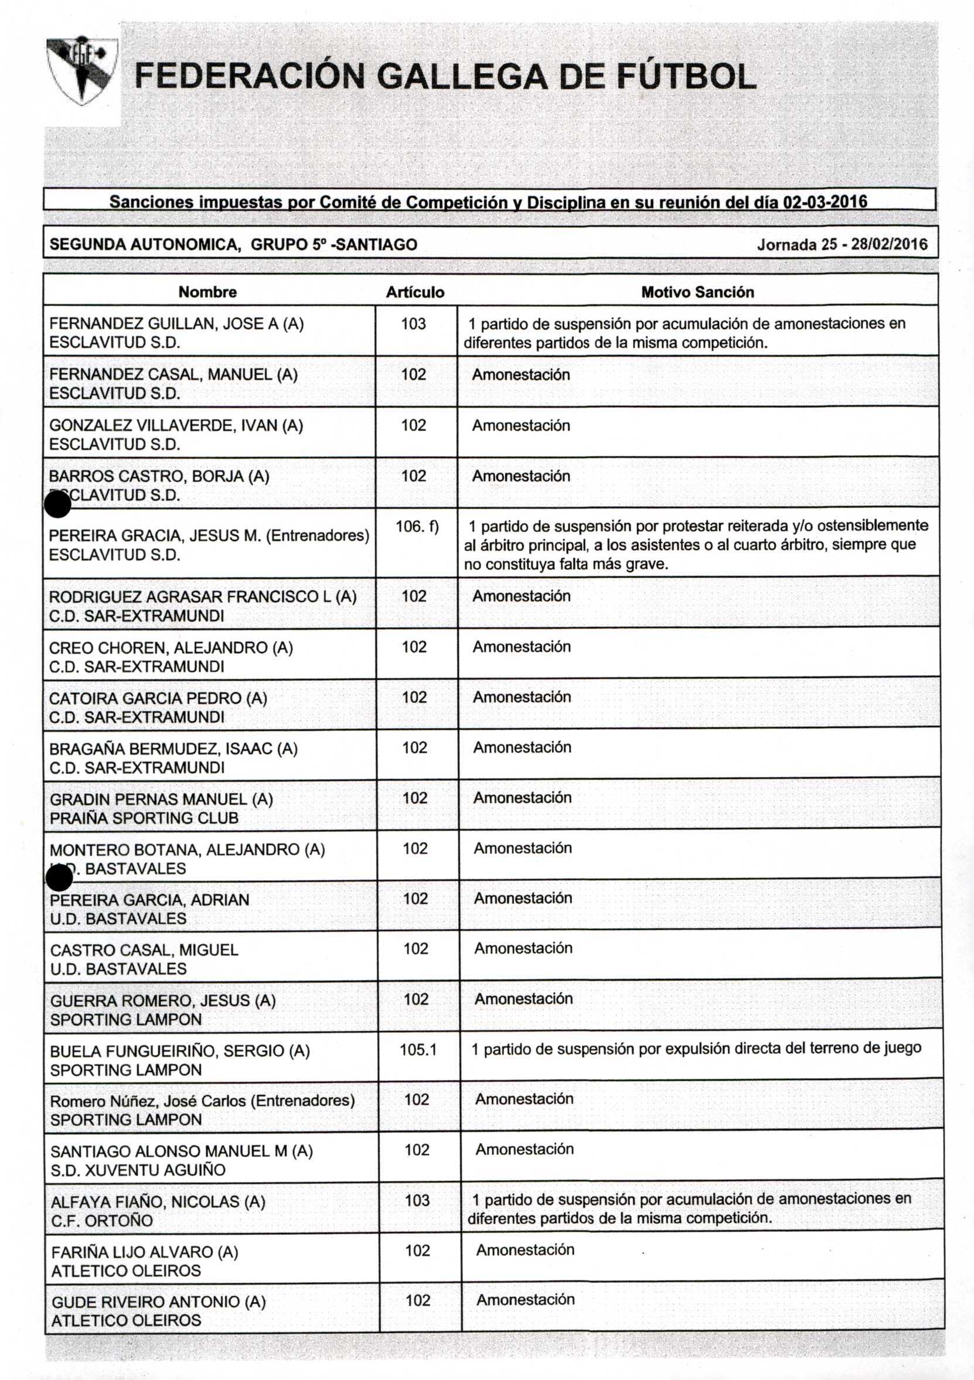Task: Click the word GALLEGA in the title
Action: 462,77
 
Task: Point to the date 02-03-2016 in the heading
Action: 825,202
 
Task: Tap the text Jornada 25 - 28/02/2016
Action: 841,245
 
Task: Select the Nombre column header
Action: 207,292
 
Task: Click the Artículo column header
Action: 415,292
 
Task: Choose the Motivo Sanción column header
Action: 697,292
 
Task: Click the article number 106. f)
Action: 417,527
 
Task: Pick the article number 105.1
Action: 418,1050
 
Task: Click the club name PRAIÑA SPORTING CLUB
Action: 144,818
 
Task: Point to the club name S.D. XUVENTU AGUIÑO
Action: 138,1170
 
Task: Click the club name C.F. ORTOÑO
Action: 101,1220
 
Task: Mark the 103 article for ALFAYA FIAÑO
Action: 417,1200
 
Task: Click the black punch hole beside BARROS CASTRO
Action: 59,504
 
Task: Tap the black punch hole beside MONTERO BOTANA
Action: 59,879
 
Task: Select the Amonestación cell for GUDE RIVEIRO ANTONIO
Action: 526,1299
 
